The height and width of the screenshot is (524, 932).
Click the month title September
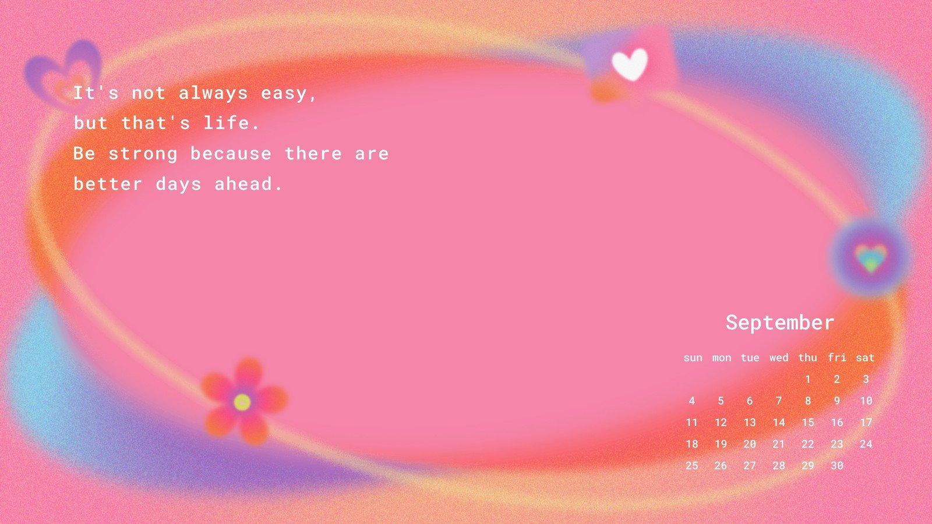[780, 323]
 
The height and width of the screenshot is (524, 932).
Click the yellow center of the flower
[242, 402]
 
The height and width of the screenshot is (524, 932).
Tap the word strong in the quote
[143, 154]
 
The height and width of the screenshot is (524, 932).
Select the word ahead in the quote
[248, 184]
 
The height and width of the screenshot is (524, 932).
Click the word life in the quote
[231, 123]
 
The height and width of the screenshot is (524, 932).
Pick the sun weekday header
[693, 358]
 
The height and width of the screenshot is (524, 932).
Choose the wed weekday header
[779, 357]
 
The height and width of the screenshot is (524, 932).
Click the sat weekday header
[866, 357]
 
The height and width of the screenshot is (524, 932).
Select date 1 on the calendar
[807, 379]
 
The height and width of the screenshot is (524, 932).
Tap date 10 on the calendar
[866, 401]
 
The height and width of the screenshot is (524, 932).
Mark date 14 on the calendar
[779, 423]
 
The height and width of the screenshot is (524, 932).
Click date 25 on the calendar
[692, 466]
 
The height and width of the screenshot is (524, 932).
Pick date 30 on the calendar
[836, 466]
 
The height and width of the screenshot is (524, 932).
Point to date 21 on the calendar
[779, 444]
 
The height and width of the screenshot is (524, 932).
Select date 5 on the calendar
[721, 401]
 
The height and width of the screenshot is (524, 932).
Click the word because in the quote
[231, 154]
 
